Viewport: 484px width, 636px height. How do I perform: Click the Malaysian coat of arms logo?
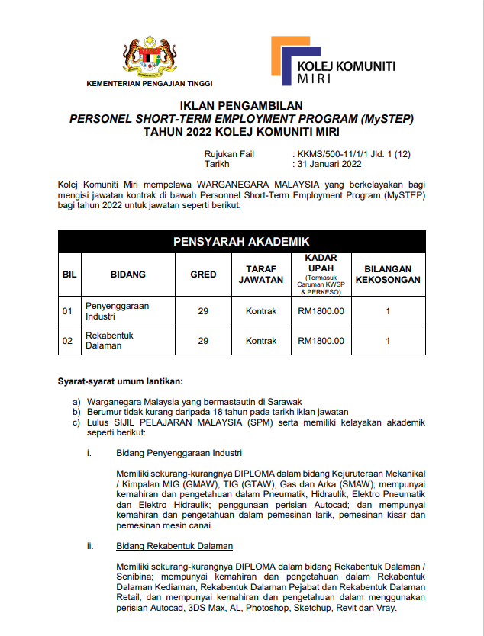point(150,56)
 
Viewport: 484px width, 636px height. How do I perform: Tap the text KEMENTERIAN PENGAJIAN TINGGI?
point(150,83)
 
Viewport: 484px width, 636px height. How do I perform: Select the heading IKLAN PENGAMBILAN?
point(241,105)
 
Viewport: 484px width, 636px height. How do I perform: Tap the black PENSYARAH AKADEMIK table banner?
point(241,242)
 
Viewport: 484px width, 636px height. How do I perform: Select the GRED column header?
point(203,274)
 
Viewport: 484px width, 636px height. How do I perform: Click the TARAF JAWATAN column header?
point(261,274)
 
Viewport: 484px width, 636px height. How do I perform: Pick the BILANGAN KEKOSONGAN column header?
point(388,274)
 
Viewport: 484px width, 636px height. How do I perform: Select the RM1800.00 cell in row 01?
point(321,310)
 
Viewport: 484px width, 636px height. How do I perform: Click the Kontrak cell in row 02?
point(261,340)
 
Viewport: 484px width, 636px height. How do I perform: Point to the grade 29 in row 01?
point(203,310)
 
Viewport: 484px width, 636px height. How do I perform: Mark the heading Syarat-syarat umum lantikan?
point(121,381)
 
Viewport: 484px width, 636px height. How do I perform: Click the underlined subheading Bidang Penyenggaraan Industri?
point(179,453)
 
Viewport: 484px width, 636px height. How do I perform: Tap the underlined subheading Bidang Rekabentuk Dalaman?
point(175,546)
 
